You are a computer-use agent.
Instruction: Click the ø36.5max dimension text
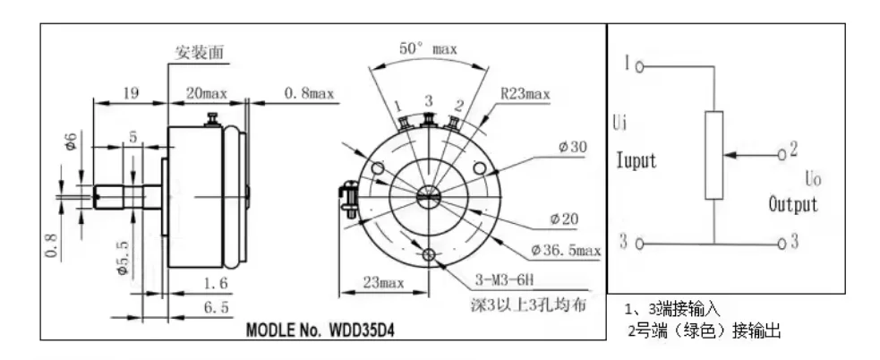(x=565, y=250)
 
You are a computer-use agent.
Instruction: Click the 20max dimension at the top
(x=208, y=92)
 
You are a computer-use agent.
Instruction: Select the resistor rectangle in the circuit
(x=713, y=155)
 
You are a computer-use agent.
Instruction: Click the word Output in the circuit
(x=793, y=204)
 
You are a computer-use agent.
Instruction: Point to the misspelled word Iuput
(x=637, y=161)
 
